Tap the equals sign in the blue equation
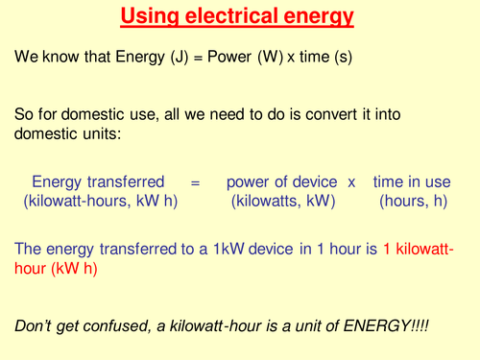pyautogui.click(x=192, y=181)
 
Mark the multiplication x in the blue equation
pyautogui.click(x=351, y=181)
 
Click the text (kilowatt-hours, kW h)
pyautogui.click(x=99, y=202)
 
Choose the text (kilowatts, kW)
pyautogui.click(x=283, y=202)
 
